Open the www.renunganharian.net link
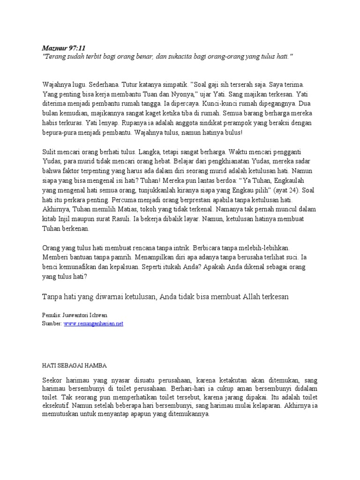click(x=93, y=323)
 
